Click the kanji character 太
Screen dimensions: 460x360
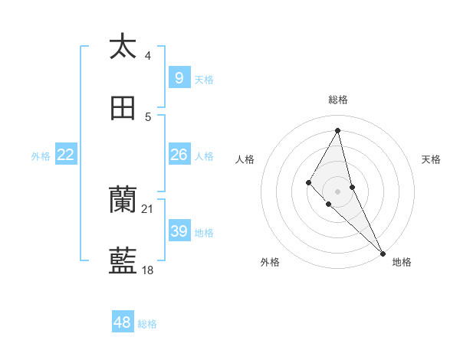pos(123,47)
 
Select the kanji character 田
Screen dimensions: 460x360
pos(123,108)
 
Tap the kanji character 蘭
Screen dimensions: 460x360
pos(123,201)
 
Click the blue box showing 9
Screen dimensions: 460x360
pos(179,78)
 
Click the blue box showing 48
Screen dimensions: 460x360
pos(123,322)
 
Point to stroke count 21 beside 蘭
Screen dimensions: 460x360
pos(148,208)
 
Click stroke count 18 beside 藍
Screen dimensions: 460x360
pos(148,270)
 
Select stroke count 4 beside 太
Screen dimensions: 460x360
pos(148,55)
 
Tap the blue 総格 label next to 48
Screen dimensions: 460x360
pos(147,324)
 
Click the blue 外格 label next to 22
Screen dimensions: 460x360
pos(41,156)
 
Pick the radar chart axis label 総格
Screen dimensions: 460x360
pos(337,100)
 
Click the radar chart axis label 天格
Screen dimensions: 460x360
pos(431,159)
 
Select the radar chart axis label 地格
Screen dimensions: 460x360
pos(402,263)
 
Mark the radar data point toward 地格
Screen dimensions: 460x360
pos(383,253)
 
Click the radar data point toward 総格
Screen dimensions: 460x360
pos(337,129)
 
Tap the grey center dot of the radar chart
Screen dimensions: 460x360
pos(337,191)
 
